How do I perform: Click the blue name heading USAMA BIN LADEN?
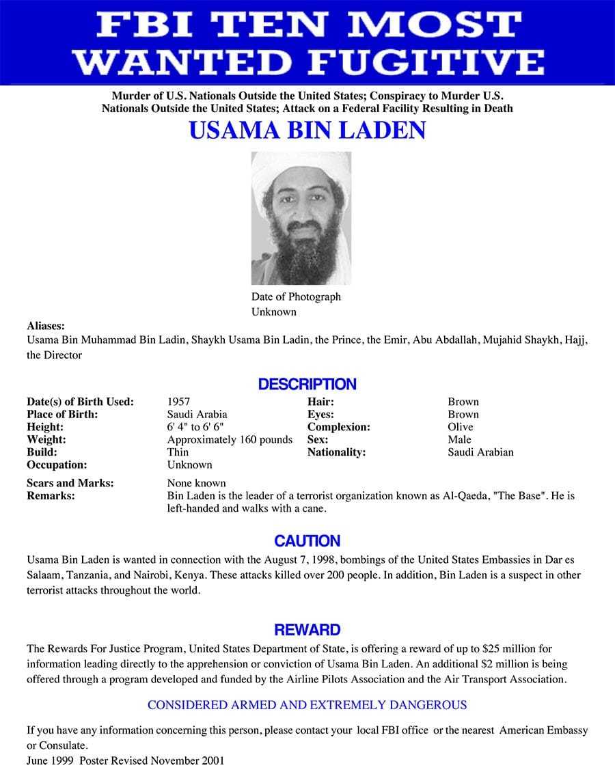(307, 130)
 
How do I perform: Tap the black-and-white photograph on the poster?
(301, 218)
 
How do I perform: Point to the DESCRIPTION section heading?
(307, 384)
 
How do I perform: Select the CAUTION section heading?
(307, 541)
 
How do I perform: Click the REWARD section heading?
(307, 629)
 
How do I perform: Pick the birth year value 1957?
(178, 402)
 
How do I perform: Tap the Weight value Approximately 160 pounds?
(230, 439)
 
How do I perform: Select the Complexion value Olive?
(461, 427)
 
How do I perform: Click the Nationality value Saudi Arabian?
(480, 452)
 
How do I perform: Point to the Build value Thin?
(178, 452)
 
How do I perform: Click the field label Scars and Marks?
(70, 483)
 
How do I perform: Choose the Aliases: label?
(46, 326)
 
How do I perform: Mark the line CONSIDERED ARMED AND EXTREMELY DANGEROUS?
(307, 705)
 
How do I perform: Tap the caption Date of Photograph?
(296, 297)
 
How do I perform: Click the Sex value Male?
(459, 439)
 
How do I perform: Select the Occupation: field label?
(57, 465)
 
